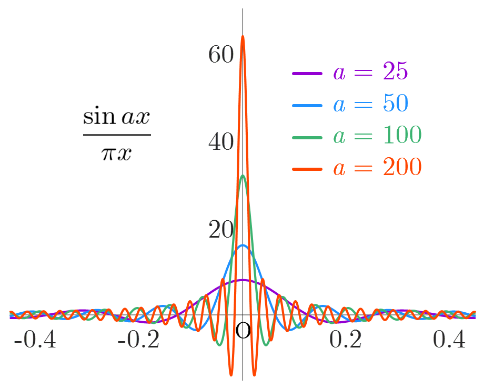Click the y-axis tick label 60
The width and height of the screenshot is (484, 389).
pos(220,55)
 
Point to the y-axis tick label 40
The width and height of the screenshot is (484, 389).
pos(220,142)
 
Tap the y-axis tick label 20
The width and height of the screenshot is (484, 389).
pos(220,230)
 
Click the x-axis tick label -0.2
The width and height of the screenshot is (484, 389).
pos(139,340)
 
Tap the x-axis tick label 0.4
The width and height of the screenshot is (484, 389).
pos(449,340)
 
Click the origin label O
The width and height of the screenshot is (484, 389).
pos(243,331)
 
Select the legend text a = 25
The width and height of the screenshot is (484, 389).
pos(370,73)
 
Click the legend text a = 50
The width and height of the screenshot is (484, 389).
pos(370,104)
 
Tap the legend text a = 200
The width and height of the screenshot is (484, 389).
pos(377,168)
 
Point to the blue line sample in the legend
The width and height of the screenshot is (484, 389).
pos(307,105)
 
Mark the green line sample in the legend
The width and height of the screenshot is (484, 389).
pos(307,137)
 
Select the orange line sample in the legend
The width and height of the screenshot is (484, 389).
pos(307,169)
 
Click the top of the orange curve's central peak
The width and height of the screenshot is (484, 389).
pos(243,36)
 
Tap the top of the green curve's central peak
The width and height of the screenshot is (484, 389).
pos(243,176)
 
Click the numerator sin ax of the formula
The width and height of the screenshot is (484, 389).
pos(117,117)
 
